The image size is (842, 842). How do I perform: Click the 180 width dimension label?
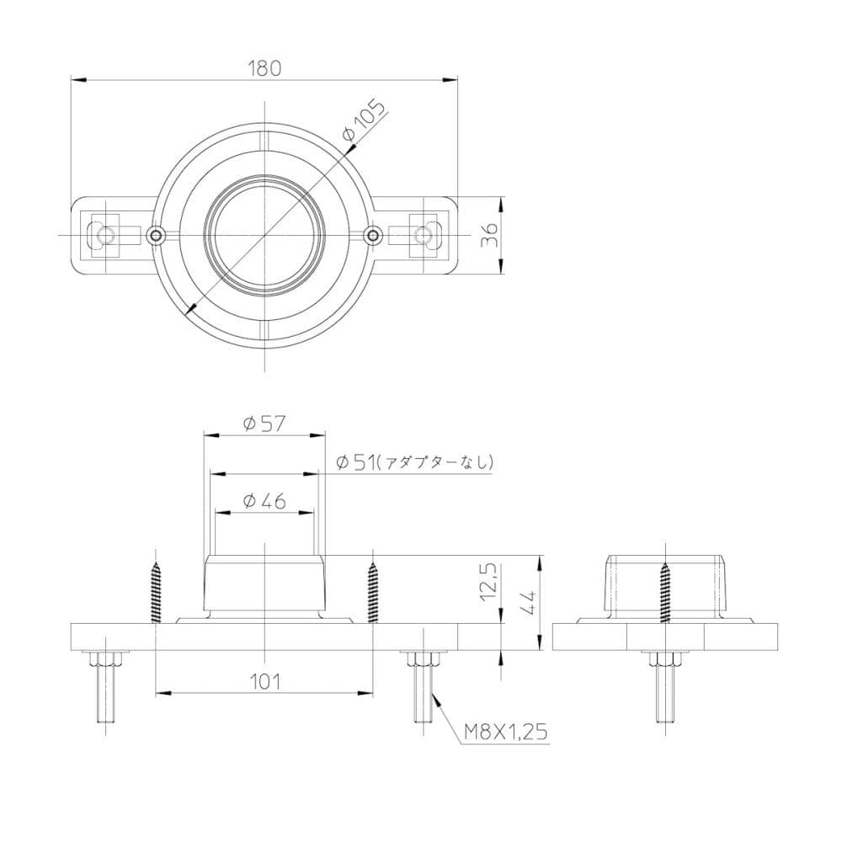(264, 68)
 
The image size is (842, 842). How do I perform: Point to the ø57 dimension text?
(264, 424)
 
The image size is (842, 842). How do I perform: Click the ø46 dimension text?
(264, 501)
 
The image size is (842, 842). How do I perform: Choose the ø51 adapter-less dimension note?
(413, 461)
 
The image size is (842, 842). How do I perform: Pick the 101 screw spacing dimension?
(265, 680)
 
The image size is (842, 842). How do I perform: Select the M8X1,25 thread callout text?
(506, 733)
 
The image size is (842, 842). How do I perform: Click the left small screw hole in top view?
(155, 234)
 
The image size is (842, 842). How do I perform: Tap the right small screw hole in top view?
(374, 234)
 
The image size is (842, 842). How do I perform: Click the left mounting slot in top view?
(104, 234)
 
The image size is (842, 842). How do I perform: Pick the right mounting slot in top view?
(424, 234)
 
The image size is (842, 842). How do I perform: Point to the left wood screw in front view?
(156, 592)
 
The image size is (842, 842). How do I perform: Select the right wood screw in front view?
(373, 592)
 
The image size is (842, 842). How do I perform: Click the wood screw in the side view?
(665, 592)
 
